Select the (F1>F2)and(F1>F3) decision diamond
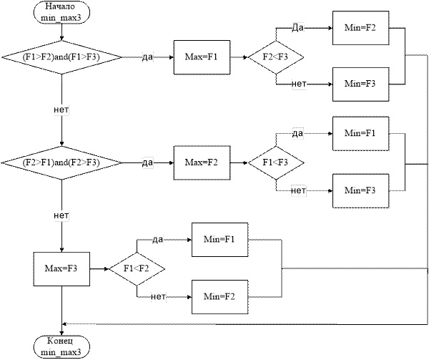pyautogui.click(x=61, y=57)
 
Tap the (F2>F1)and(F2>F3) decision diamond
pyautogui.click(x=61, y=163)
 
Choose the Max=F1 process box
pyautogui.click(x=202, y=57)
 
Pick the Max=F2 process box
pyautogui.click(x=202, y=163)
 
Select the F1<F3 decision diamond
pyautogui.click(x=275, y=163)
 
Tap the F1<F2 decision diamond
pyautogui.click(x=137, y=270)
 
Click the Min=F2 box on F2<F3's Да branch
pyautogui.click(x=360, y=28)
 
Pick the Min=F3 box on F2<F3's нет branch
pyautogui.click(x=360, y=84)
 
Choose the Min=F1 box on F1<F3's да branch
pyautogui.click(x=360, y=135)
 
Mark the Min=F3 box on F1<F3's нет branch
pyautogui.click(x=360, y=190)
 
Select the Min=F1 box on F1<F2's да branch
pyautogui.click(x=220, y=238)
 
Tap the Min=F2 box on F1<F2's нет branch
pyautogui.click(x=220, y=296)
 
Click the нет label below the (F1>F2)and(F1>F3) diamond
pyautogui.click(x=62, y=110)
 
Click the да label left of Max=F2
pyautogui.click(x=148, y=163)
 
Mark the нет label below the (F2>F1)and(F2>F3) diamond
pyautogui.click(x=62, y=215)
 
